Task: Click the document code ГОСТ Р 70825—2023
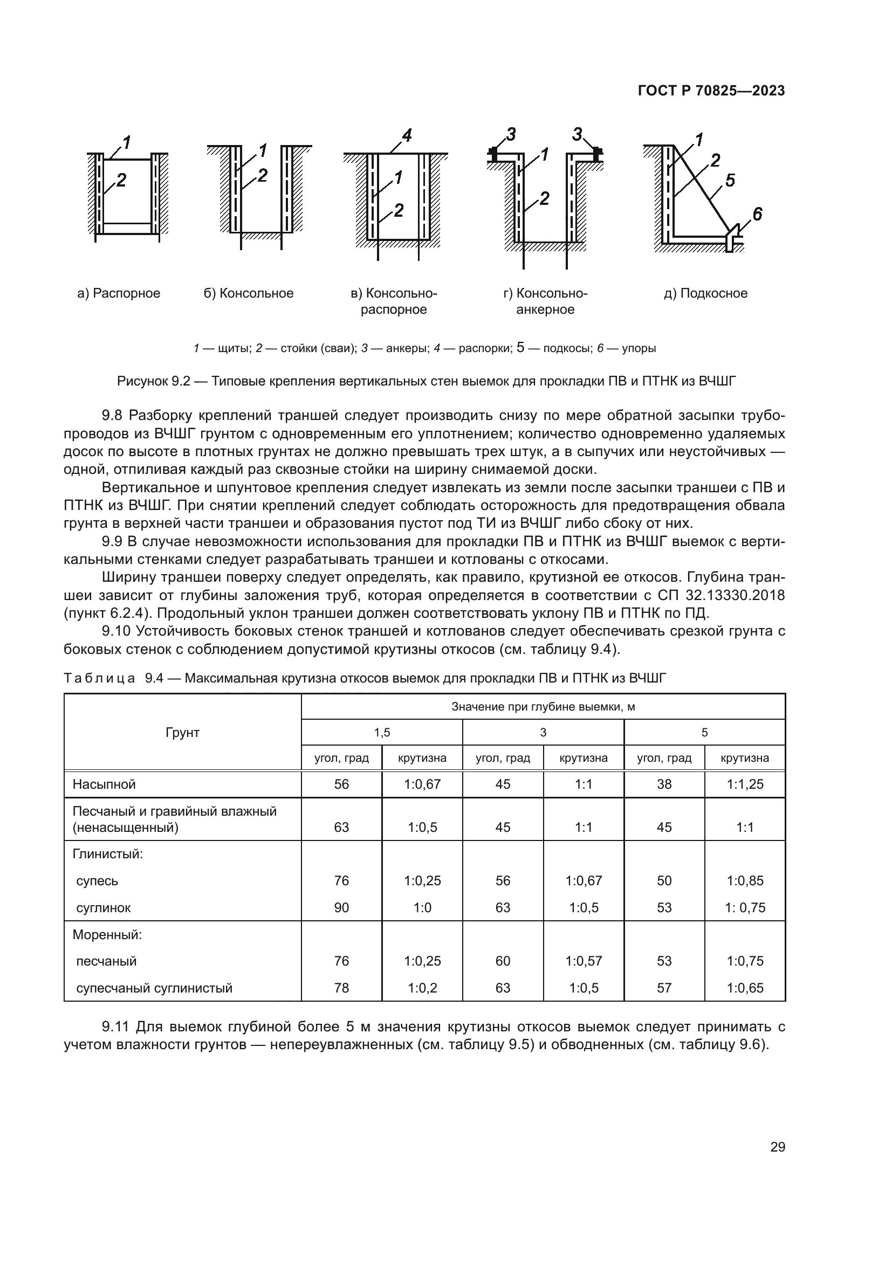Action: coord(711,91)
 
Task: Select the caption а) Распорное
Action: coord(119,293)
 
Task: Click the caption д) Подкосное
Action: coord(705,293)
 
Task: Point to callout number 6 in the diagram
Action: coord(757,214)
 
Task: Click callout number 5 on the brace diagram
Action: coord(730,181)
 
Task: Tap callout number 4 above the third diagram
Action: coord(407,135)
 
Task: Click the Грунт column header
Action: coord(182,733)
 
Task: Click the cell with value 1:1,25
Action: coord(745,784)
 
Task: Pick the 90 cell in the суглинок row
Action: coord(341,908)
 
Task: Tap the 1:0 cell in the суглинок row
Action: coord(422,908)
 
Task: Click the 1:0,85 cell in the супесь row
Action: coord(745,881)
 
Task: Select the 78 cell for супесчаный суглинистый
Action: coord(341,988)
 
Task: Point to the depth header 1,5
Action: coord(382,733)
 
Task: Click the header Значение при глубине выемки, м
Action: coord(543,707)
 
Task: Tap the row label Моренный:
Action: coord(107,935)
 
